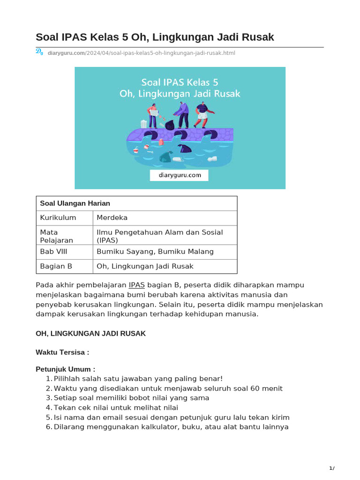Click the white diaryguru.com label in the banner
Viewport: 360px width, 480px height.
(179, 175)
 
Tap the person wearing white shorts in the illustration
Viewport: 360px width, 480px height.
(202, 114)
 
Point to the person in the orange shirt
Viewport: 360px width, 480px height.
(153, 114)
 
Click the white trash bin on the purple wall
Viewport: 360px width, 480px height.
(143, 124)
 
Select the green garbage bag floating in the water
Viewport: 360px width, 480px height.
(165, 157)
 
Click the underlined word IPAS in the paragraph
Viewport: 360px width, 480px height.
(137, 285)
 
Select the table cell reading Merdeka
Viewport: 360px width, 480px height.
(112, 217)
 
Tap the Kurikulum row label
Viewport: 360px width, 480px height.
(58, 217)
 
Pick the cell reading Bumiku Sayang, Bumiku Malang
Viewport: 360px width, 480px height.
(155, 252)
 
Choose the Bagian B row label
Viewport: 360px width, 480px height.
(56, 266)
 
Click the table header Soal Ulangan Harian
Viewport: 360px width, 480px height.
(75, 203)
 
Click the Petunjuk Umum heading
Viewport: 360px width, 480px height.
(65, 369)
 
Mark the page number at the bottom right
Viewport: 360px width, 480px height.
(331, 468)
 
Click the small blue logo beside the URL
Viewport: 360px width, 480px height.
(40, 52)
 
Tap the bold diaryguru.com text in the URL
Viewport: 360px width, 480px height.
(66, 53)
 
